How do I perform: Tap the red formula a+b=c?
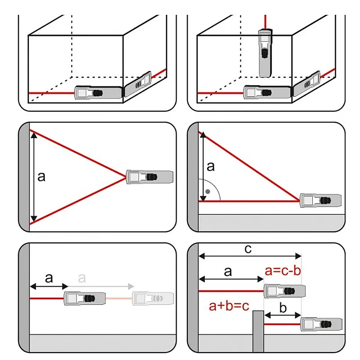[x=229, y=306]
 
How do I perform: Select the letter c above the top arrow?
[x=247, y=250]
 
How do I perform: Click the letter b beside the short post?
[x=282, y=309]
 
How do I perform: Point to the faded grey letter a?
[x=81, y=278]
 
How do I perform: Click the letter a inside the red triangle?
[x=41, y=177]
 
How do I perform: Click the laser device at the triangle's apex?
[x=150, y=177]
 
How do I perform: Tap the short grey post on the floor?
[x=258, y=331]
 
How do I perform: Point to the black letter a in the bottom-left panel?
[x=49, y=278]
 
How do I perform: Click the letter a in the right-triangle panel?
[x=211, y=166]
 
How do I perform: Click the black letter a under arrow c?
[x=228, y=271]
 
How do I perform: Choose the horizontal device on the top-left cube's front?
[x=96, y=93]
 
